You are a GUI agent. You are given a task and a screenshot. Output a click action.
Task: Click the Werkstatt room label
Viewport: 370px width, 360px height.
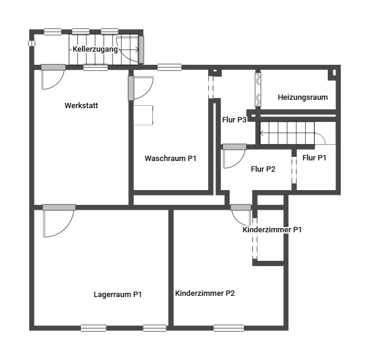(x=81, y=105)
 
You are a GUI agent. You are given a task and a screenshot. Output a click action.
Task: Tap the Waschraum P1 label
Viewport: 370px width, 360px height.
(x=170, y=158)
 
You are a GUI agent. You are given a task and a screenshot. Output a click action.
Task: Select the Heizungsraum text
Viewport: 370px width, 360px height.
(x=303, y=97)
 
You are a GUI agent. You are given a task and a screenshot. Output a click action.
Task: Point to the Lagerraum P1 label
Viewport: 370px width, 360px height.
(x=118, y=295)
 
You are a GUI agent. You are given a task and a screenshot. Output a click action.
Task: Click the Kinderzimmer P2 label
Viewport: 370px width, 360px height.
(x=205, y=293)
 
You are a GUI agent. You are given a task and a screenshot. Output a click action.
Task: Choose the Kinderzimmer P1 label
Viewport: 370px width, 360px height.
(x=272, y=230)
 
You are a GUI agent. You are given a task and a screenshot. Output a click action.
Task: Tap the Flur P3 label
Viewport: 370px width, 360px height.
(x=234, y=119)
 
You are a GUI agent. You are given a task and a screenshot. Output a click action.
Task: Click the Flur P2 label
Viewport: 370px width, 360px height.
(x=263, y=169)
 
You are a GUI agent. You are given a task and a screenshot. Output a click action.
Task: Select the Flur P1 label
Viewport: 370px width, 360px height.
(x=314, y=157)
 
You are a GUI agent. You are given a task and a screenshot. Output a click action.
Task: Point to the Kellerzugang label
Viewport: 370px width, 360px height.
(x=95, y=49)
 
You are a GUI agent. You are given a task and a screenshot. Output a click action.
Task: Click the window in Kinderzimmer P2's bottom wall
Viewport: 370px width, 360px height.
(x=228, y=328)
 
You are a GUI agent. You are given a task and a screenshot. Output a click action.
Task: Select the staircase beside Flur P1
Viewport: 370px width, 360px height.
(x=287, y=133)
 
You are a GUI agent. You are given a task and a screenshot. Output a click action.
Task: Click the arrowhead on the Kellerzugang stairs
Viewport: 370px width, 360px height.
(x=137, y=49)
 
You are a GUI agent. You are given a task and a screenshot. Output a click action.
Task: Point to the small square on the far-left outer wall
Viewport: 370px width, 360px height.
(x=32, y=43)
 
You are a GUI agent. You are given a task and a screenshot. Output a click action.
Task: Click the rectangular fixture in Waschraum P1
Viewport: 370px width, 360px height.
(x=143, y=115)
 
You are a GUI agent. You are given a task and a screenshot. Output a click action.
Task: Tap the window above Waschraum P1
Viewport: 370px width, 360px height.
(x=170, y=67)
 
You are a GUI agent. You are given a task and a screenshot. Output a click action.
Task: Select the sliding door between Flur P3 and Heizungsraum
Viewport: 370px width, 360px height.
(x=258, y=90)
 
